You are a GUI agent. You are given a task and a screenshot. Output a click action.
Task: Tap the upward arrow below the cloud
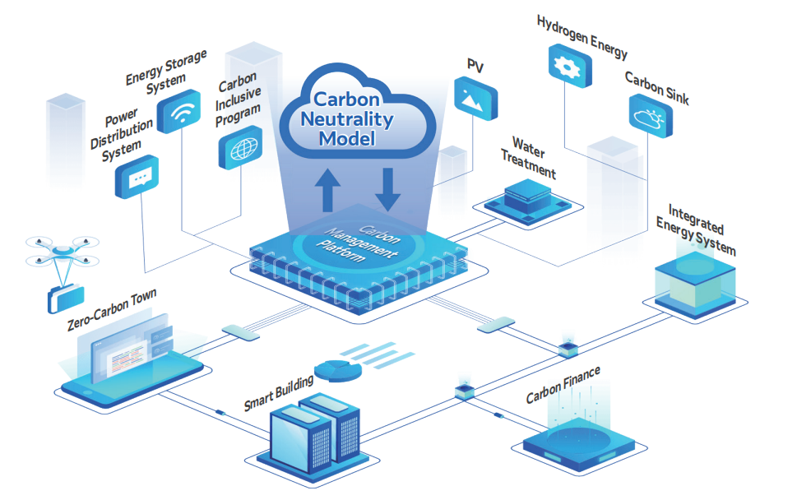coord(328,189)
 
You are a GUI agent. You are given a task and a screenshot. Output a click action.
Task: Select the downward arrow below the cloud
coord(387,188)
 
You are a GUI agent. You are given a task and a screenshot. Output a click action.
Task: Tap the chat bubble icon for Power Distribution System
coord(137,177)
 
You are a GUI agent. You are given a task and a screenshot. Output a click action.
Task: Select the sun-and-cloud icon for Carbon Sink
coord(649,117)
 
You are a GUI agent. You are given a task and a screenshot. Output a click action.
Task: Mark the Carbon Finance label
coord(563,386)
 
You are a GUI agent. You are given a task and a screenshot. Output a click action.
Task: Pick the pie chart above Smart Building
coord(338,370)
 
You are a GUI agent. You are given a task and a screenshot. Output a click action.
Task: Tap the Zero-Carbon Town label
coord(111,309)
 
